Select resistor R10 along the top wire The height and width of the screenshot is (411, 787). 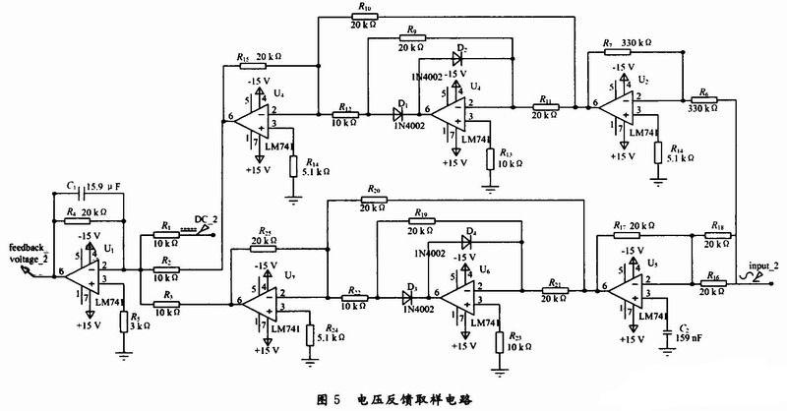tap(366, 18)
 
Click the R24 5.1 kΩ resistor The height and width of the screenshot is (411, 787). tap(309, 334)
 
